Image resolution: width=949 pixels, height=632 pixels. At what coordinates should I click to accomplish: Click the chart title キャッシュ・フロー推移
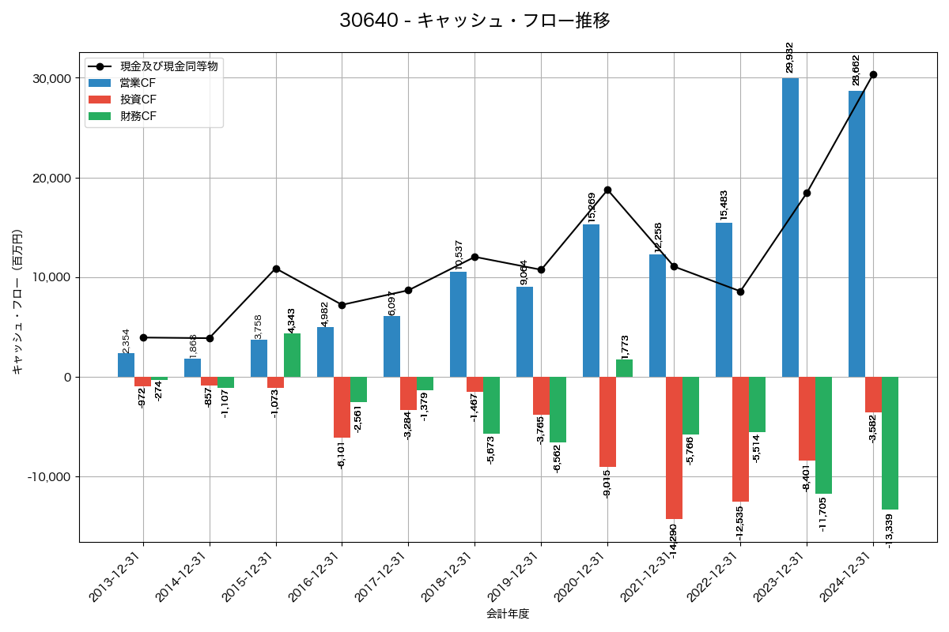pyautogui.click(x=475, y=21)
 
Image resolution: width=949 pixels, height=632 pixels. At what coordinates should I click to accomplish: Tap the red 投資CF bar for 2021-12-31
pyautogui.click(x=674, y=447)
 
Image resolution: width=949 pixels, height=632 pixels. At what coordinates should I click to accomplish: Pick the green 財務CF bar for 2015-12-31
pyautogui.click(x=292, y=355)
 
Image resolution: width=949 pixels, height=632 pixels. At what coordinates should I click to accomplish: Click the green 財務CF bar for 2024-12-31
pyautogui.click(x=890, y=442)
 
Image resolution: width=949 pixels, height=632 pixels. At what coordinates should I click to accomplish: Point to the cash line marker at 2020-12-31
pyautogui.click(x=607, y=190)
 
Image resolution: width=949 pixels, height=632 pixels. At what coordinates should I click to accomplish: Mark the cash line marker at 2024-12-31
pyautogui.click(x=873, y=74)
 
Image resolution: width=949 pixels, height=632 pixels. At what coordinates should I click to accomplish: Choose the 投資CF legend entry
pyautogui.click(x=138, y=100)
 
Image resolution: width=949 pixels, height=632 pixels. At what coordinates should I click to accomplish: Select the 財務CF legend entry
pyautogui.click(x=138, y=116)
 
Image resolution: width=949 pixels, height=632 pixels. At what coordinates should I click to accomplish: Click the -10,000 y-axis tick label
pyautogui.click(x=47, y=477)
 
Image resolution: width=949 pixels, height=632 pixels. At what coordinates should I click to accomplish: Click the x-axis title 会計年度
pyautogui.click(x=508, y=614)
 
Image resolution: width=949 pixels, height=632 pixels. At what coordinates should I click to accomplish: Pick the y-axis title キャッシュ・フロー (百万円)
pyautogui.click(x=17, y=301)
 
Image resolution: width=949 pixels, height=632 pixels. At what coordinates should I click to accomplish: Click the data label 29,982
pyautogui.click(x=790, y=58)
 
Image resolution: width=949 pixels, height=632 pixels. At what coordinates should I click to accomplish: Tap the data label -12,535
pyautogui.click(x=740, y=522)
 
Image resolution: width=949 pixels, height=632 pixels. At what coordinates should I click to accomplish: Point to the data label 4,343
pyautogui.click(x=291, y=321)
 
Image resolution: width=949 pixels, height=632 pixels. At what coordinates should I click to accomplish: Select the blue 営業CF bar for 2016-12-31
pyautogui.click(x=325, y=352)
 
